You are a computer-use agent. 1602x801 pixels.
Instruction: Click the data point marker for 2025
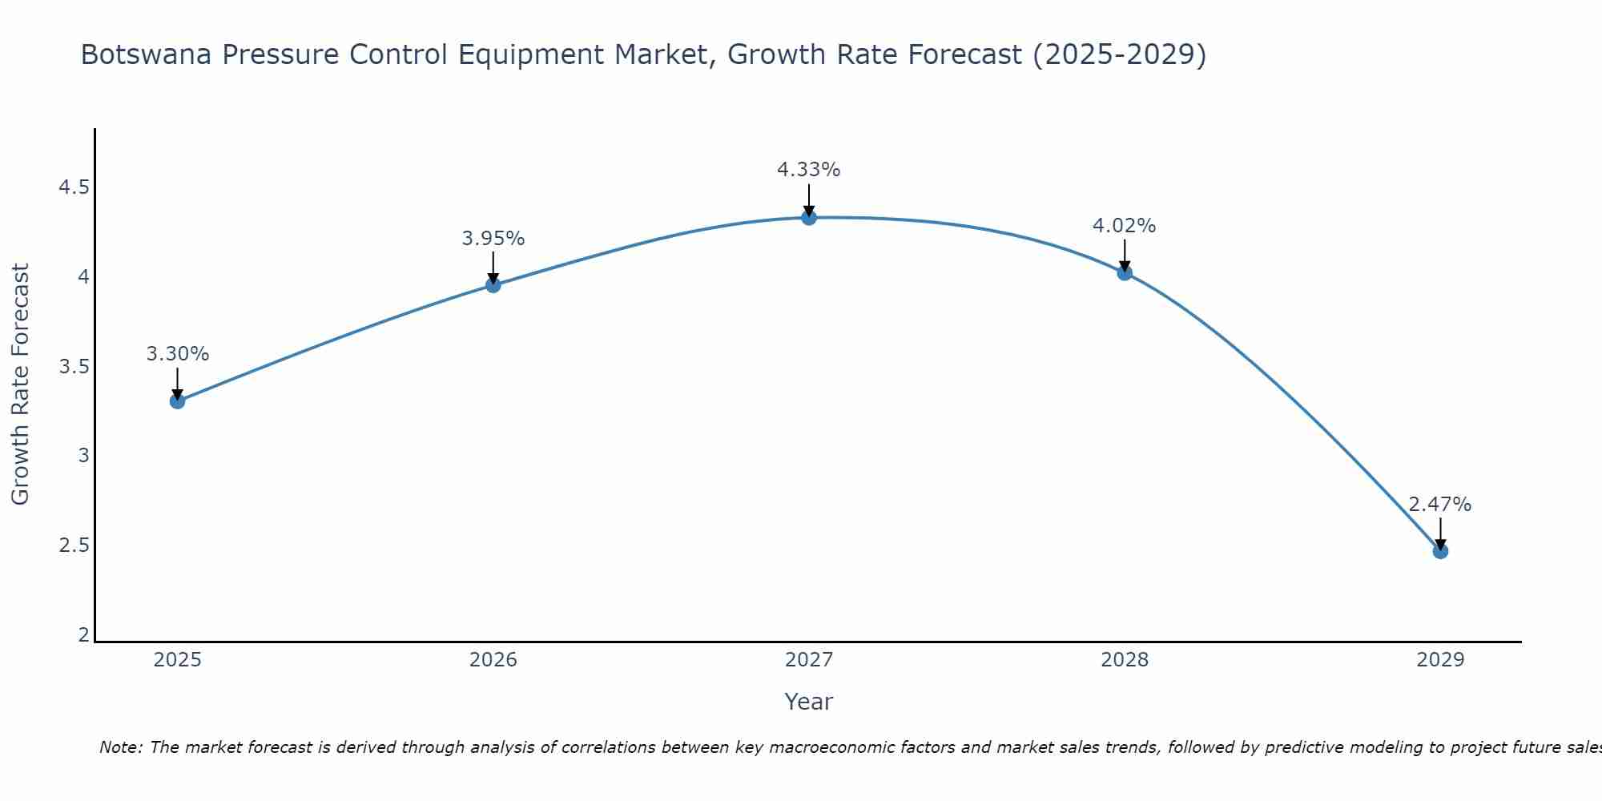tap(178, 400)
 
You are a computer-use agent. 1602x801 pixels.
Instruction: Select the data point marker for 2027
tap(809, 217)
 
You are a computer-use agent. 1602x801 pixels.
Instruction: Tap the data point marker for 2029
tap(1440, 551)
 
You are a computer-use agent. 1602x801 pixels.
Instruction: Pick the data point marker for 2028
tap(1125, 272)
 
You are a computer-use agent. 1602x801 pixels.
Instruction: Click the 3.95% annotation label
tap(493, 239)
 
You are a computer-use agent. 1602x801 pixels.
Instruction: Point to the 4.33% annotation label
tap(809, 170)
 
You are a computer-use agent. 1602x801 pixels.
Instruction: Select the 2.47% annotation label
tap(1440, 505)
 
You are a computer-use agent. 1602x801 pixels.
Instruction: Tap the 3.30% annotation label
tap(178, 354)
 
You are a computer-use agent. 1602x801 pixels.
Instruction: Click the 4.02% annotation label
tap(1125, 226)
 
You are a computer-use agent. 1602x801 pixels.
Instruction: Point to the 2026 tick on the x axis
tap(493, 660)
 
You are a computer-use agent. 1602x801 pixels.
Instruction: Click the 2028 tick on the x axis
tap(1125, 660)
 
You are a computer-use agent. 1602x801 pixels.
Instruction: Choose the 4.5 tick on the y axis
tap(74, 188)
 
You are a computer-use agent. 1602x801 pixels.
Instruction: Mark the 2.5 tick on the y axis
tap(74, 545)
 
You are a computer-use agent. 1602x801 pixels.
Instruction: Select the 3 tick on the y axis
tap(83, 456)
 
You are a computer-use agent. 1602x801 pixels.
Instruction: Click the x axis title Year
tap(809, 702)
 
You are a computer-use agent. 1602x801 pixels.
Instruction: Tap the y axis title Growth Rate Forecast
tap(21, 384)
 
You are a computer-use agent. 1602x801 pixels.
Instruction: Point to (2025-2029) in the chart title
tap(1119, 55)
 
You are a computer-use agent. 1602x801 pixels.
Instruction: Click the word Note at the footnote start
tap(120, 747)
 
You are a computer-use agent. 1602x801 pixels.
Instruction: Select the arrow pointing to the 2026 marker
tap(493, 268)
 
